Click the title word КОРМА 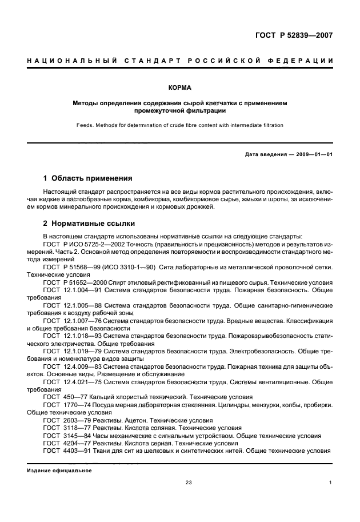point(179,89)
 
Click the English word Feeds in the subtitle point(85,125)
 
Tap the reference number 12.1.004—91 point(81,290)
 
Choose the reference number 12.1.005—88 point(81,306)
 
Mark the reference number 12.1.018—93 point(81,337)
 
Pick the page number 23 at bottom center point(188,483)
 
